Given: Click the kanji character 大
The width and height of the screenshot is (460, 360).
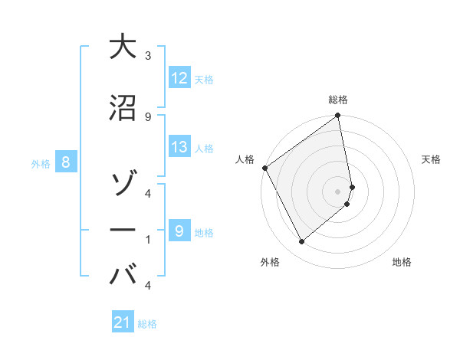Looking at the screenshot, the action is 122,47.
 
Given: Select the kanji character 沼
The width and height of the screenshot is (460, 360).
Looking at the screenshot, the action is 122,107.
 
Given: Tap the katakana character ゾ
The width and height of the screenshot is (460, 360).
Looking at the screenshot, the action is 122,185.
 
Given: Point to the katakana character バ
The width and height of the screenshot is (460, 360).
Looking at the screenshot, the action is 123,275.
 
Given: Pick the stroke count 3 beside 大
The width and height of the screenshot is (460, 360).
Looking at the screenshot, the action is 147,56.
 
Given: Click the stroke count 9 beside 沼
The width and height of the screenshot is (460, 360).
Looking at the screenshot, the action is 147,116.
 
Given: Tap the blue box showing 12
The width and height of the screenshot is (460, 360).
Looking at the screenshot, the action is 179,77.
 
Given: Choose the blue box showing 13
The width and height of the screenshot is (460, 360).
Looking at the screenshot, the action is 179,147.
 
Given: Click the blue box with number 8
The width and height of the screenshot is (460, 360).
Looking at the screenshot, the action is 66,162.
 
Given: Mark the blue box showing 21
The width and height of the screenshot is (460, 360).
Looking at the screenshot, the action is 123,322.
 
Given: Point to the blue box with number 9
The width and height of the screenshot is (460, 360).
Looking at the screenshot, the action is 179,231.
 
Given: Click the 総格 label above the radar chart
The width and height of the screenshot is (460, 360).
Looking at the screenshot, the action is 338,100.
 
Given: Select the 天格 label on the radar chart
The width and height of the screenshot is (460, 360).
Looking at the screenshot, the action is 431,159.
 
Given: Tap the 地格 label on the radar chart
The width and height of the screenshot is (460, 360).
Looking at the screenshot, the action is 402,262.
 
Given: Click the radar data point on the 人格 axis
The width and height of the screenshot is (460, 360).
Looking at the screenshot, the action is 264,168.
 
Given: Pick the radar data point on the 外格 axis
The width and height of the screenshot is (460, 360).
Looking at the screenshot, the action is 301,242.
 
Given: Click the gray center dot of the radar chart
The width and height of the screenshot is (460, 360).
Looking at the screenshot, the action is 338,191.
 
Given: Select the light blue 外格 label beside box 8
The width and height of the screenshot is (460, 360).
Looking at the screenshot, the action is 41,162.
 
